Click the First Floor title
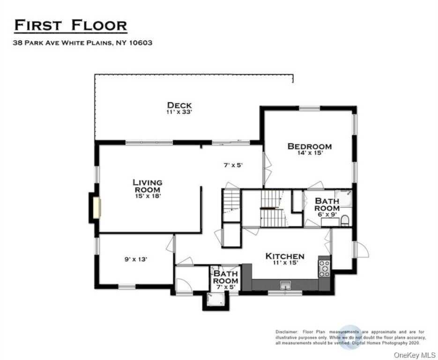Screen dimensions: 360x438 (71, 25)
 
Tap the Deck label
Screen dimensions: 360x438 (179, 105)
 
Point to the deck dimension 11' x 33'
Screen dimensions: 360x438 (179, 112)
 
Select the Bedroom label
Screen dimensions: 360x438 (309, 146)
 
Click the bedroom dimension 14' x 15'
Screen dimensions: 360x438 (309, 153)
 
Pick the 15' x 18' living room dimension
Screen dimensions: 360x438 (147, 196)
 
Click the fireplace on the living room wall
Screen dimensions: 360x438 (96, 208)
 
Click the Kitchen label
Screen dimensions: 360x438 (285, 256)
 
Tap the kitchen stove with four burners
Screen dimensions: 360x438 (324, 268)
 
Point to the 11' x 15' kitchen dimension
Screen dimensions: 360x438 (285, 262)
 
